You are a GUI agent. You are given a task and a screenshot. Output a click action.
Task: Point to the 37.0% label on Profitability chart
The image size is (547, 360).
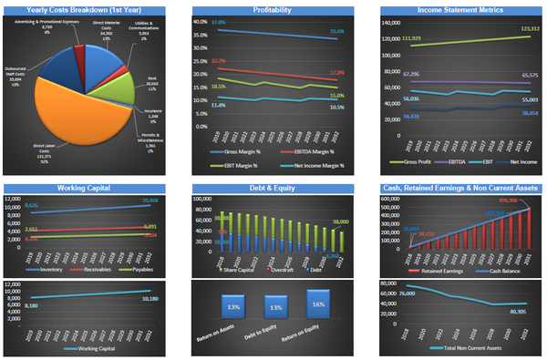pyautogui.click(x=218, y=21)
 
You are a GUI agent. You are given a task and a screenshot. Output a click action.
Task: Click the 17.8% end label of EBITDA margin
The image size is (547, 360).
pyautogui.click(x=336, y=72)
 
